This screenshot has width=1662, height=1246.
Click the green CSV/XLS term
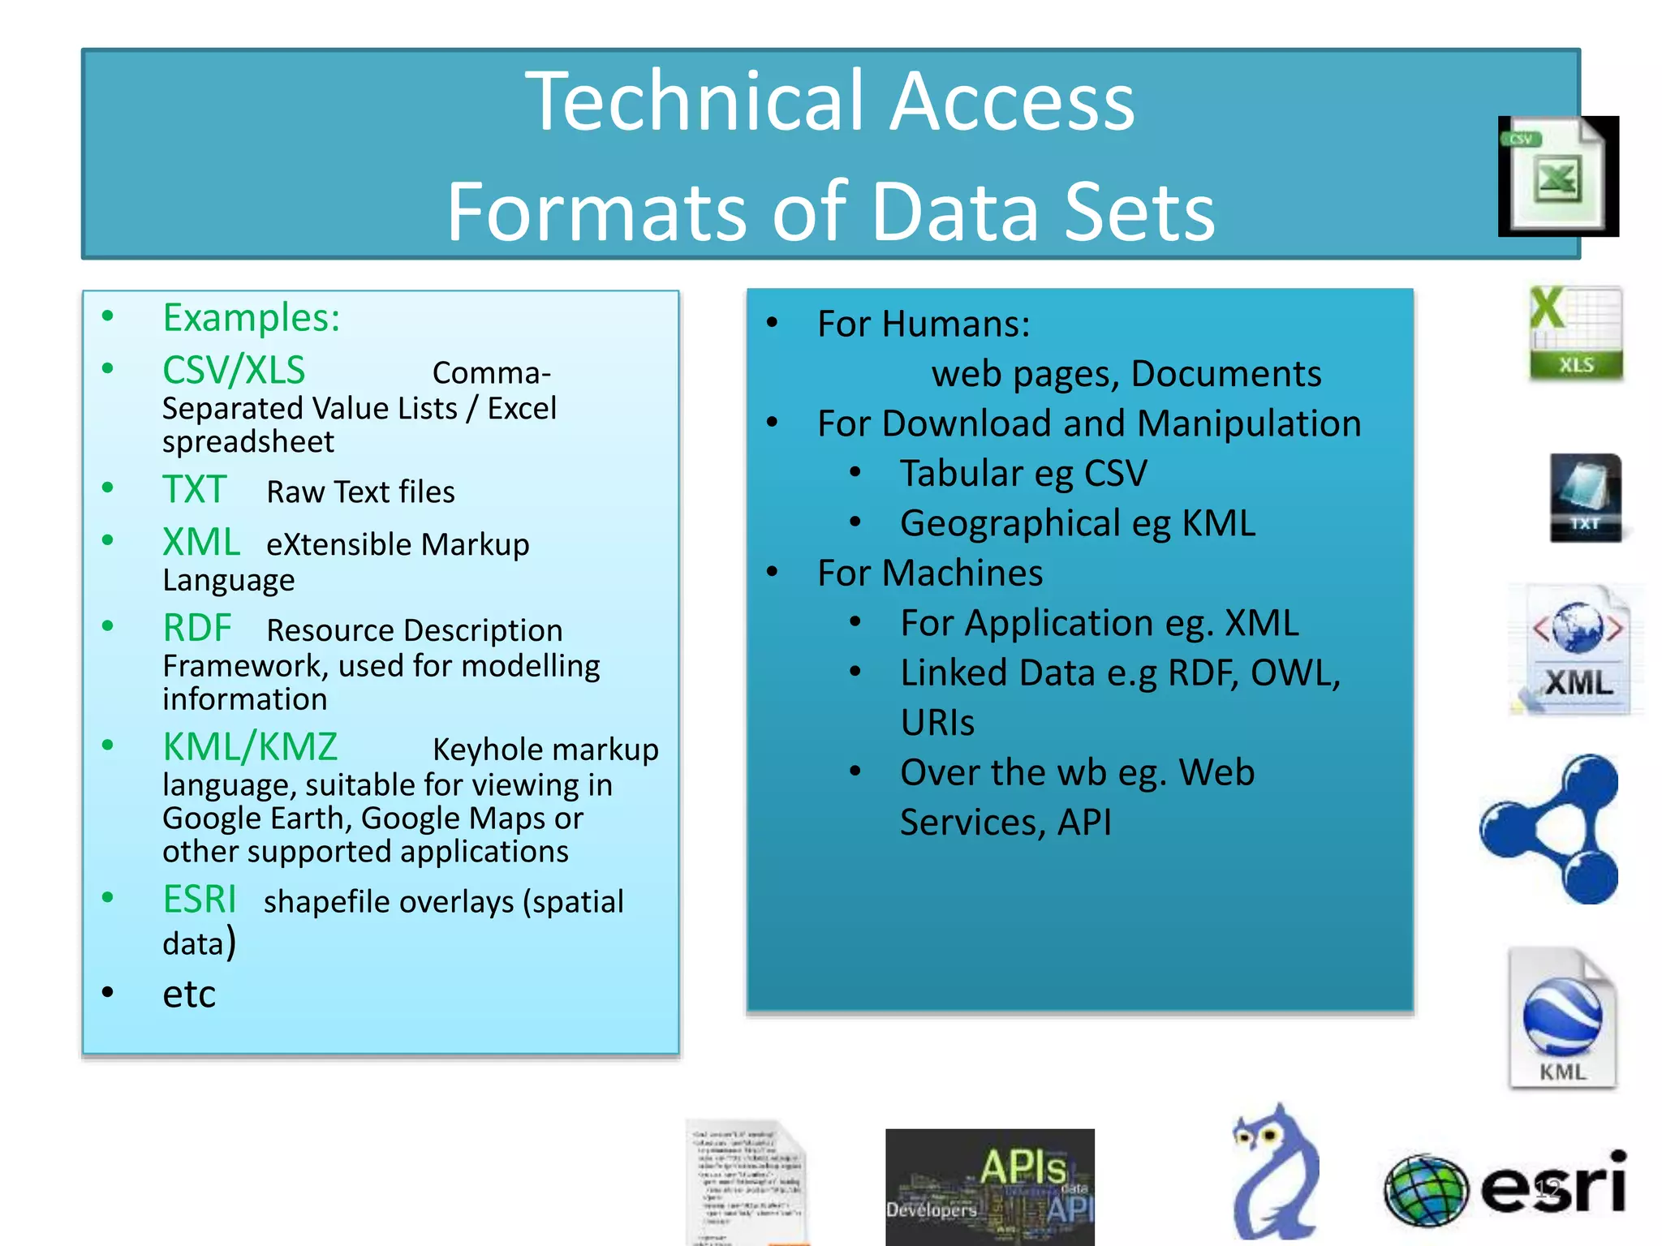234,371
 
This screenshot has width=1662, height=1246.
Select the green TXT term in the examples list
194,490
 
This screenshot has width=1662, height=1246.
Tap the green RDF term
197,628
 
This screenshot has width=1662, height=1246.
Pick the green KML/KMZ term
250,747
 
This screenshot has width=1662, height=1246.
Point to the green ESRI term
200,900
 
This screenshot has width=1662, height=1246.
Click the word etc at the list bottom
189,994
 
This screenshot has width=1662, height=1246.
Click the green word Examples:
252,317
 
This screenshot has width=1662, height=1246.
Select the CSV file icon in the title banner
1557,175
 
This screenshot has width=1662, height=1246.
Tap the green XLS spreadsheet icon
1576,333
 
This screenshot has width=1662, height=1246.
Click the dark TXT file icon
1585,497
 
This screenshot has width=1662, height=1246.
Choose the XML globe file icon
1578,650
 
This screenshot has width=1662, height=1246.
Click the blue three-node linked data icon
1550,828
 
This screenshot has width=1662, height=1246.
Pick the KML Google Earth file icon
1562,1018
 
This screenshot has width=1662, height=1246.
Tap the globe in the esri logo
1426,1190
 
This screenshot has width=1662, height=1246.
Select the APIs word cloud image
989,1186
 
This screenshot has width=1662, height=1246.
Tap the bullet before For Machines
773,572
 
